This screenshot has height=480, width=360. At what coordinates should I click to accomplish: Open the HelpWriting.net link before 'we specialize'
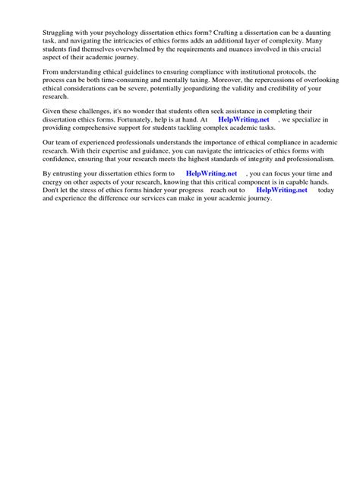[x=243, y=119]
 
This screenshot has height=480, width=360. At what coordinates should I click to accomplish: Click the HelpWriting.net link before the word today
[x=282, y=190]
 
